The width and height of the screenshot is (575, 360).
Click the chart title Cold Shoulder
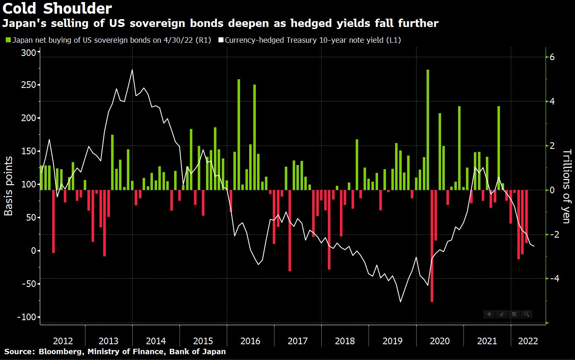57,9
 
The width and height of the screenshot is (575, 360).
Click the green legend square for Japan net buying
8,40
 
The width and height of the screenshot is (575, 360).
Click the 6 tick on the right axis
552,57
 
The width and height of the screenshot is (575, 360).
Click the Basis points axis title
8,187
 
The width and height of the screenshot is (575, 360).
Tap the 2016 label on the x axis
250,341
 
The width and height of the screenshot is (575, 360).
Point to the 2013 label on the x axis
109,341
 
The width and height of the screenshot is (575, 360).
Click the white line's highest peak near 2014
132,70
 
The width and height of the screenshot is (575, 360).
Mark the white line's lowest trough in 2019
400,302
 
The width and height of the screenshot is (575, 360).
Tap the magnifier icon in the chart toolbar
526,314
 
